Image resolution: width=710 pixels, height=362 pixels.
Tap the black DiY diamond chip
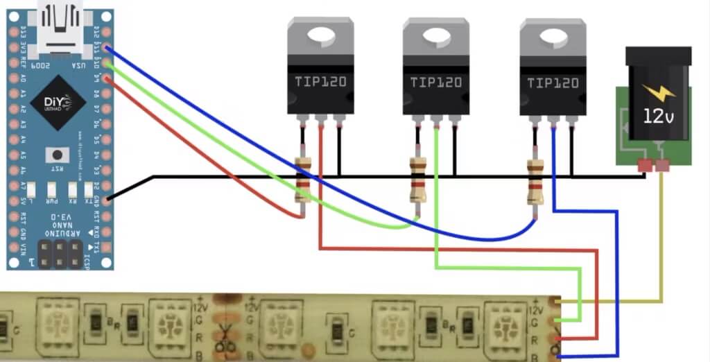point(58,103)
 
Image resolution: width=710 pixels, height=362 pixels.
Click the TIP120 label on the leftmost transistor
point(320,83)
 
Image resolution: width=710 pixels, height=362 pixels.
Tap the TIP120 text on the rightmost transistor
point(553,83)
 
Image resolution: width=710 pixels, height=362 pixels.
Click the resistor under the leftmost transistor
point(303,180)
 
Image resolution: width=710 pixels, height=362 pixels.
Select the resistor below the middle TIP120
point(417,180)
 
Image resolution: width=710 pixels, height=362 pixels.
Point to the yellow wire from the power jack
point(662,236)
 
